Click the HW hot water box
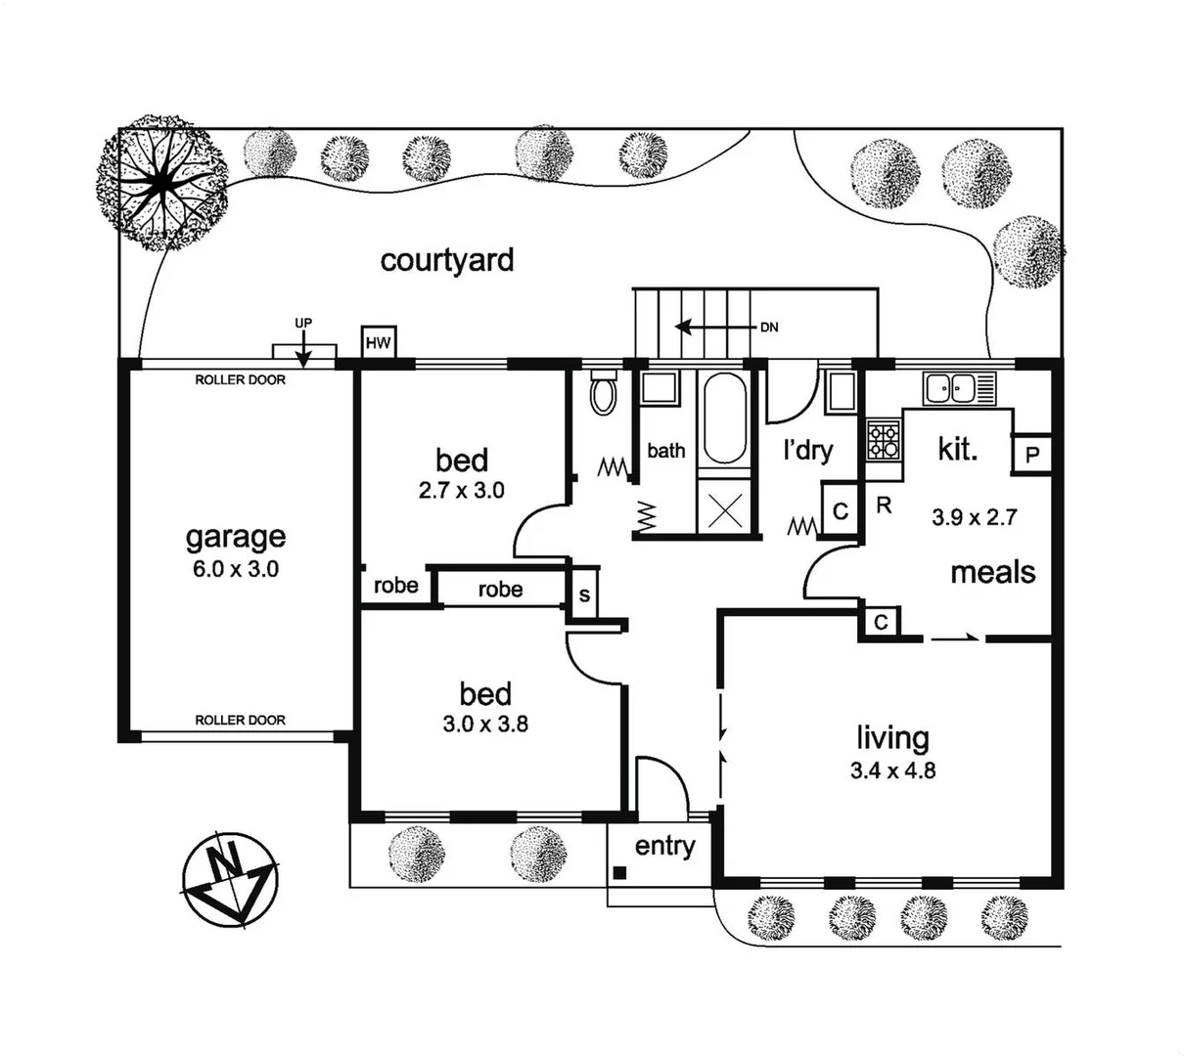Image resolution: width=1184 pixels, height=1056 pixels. point(378,341)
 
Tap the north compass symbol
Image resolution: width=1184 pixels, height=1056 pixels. point(230,878)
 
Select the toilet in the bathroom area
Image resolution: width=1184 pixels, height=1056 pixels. point(603,391)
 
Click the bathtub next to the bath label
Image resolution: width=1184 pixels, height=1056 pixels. point(725,418)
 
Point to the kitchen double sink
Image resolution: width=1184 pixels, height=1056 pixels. point(959,388)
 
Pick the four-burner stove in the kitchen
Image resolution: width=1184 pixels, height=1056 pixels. point(883,441)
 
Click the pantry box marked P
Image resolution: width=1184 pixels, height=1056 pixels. point(1032,454)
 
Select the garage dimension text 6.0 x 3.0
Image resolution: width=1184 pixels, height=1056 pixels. point(236,568)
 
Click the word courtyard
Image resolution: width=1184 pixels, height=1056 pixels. point(447,260)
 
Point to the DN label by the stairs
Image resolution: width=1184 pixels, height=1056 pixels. point(769,328)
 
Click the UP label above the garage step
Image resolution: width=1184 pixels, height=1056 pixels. point(303,323)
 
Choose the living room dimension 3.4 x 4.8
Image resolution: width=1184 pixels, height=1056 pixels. point(892,770)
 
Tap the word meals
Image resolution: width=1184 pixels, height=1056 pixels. point(993,572)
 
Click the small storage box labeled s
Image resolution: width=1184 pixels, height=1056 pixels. point(584,594)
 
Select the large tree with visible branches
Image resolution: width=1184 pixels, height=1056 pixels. point(161,183)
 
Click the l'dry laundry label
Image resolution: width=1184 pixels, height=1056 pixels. point(807,451)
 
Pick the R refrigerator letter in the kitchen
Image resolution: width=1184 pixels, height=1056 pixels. point(883,506)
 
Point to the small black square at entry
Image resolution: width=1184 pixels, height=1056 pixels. point(619,873)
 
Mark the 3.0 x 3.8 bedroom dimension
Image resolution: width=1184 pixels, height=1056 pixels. point(485,725)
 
